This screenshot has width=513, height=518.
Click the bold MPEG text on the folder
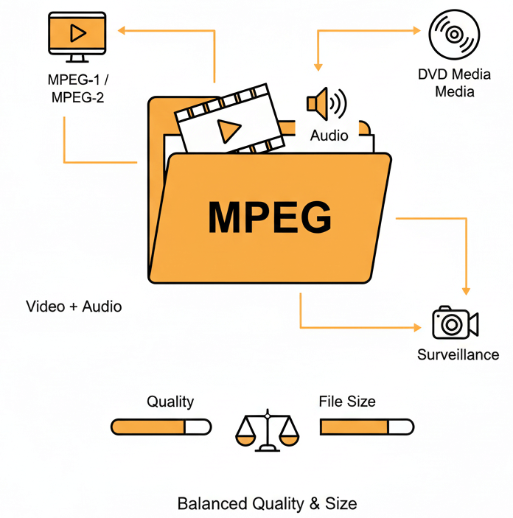[270, 217]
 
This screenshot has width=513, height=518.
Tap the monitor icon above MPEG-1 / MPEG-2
[76, 35]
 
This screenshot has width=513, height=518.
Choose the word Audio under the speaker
[329, 136]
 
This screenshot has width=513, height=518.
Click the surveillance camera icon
[455, 323]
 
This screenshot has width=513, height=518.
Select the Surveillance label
[458, 354]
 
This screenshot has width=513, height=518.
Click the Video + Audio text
[74, 306]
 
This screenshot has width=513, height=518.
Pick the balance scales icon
[268, 431]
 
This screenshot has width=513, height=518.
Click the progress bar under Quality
[161, 427]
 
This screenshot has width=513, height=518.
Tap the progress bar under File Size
[366, 427]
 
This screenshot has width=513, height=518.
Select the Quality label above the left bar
[170, 402]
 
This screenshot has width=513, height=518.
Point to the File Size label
[347, 402]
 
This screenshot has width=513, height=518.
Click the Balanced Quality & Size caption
[267, 504]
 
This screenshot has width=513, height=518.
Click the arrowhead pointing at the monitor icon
[122, 30]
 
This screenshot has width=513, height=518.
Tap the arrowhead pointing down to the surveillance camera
[465, 292]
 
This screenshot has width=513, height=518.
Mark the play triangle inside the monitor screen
[77, 32]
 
